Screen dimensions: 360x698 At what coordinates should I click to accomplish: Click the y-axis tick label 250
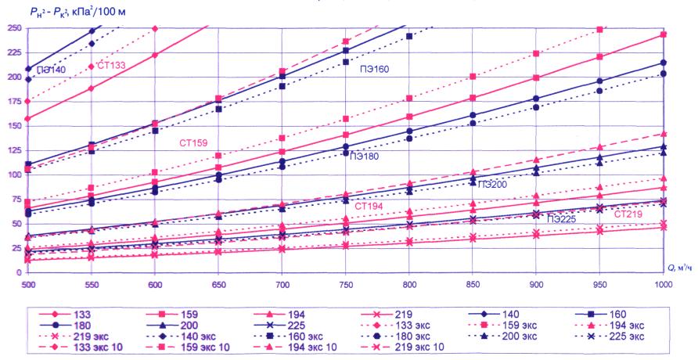13,29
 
